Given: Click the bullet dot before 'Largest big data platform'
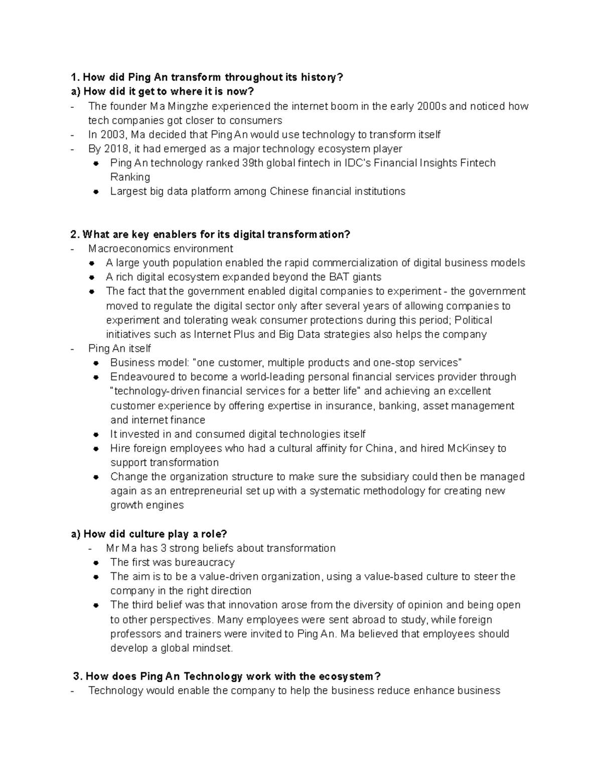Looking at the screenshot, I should [x=96, y=192].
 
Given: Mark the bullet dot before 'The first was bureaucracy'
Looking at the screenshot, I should [x=96, y=563].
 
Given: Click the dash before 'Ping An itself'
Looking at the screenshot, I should [x=74, y=349].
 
